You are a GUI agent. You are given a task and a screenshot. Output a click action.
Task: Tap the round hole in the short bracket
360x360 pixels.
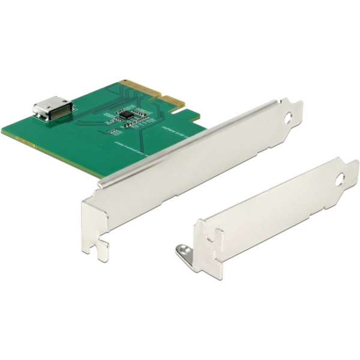tap(340, 178)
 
